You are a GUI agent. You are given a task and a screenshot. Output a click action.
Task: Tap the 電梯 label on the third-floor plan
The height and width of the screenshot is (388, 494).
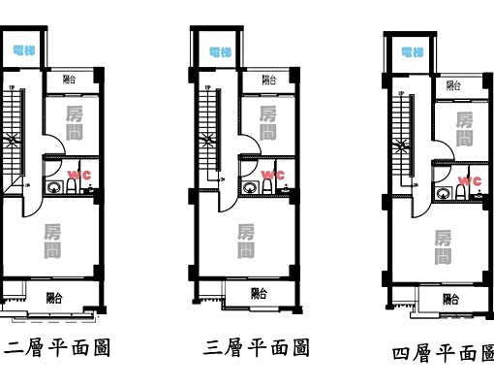(x=220, y=51)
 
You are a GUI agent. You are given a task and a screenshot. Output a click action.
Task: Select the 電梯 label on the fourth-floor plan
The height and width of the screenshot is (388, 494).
(x=413, y=51)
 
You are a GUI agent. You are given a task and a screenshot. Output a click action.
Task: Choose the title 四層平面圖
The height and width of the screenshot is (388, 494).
(x=444, y=354)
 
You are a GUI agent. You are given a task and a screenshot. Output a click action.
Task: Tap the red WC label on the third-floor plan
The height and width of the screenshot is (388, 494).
(x=273, y=176)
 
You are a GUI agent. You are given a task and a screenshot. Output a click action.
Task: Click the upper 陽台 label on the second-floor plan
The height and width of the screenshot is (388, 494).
(x=71, y=80)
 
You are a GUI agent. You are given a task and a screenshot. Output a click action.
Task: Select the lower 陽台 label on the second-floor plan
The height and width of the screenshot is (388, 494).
(x=55, y=298)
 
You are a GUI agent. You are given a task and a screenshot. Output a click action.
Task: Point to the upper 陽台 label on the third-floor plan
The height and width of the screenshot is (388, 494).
(x=268, y=80)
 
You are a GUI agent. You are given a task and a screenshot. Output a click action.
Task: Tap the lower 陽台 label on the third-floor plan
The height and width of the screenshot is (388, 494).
(x=260, y=292)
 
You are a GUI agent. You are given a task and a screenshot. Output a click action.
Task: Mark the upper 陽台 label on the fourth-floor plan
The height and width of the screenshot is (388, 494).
(x=454, y=85)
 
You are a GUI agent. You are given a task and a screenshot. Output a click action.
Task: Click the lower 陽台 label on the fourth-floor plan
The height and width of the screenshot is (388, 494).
(x=450, y=299)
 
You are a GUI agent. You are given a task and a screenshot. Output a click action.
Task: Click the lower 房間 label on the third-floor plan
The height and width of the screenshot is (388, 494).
(x=246, y=241)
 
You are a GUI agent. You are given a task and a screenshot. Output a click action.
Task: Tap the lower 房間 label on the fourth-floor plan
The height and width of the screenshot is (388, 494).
(x=443, y=246)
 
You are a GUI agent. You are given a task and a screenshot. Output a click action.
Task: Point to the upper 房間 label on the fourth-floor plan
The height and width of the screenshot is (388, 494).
(x=465, y=129)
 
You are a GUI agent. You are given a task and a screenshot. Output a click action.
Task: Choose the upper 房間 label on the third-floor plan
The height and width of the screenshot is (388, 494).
(x=268, y=124)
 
